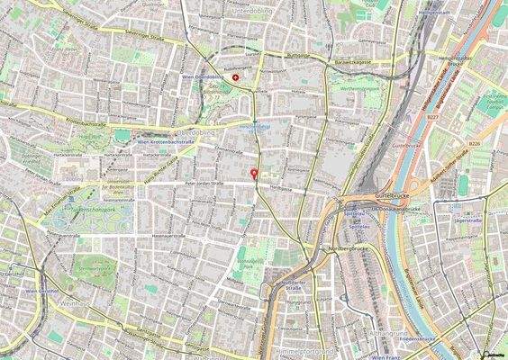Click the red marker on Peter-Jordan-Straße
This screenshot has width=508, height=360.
[x=254, y=174]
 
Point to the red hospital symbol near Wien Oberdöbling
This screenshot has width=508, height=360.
[x=236, y=78]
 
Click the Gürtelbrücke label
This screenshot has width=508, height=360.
[x=393, y=194]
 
